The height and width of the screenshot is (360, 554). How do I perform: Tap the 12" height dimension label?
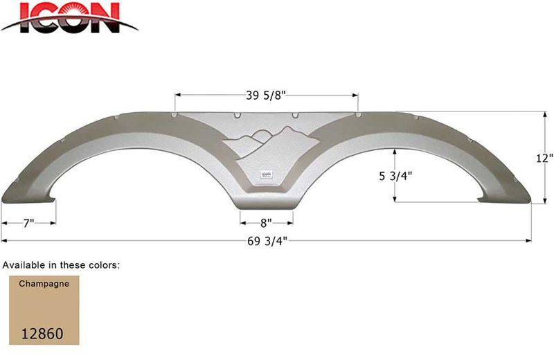[544, 158]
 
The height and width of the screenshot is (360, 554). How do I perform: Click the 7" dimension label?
[28, 223]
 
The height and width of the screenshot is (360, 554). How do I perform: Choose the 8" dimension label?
[267, 223]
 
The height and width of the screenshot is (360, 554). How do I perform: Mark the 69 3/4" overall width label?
[267, 240]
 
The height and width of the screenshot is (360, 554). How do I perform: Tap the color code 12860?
[42, 333]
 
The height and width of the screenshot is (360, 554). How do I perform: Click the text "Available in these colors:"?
[62, 264]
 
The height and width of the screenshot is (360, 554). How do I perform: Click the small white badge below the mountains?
[267, 174]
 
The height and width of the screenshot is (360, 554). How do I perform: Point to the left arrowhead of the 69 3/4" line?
[3, 240]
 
